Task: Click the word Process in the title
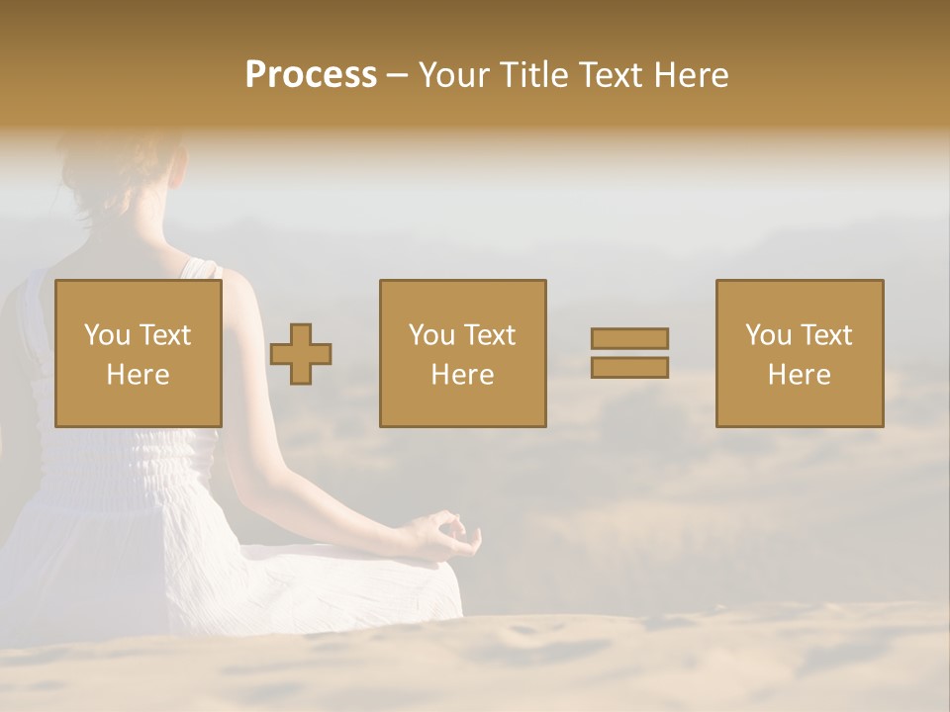(311, 75)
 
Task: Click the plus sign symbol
(301, 354)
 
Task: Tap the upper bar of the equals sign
(629, 338)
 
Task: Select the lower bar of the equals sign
(629, 367)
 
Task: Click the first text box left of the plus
(138, 353)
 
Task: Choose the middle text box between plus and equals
(462, 353)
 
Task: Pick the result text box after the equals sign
(799, 353)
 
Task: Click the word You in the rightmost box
(768, 335)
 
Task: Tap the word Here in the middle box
(462, 375)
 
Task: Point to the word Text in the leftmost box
(164, 335)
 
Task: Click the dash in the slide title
(398, 75)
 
